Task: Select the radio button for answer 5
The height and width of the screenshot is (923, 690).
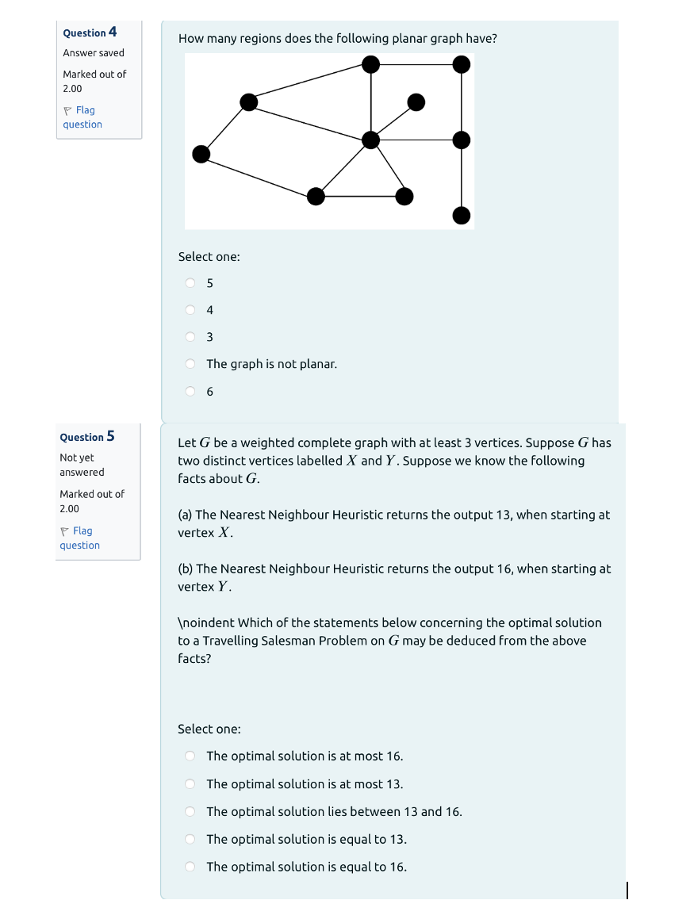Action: click(190, 283)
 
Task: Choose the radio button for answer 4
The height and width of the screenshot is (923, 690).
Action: click(190, 310)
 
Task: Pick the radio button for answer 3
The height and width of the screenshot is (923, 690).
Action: click(190, 337)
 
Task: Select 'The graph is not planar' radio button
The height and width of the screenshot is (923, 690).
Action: click(190, 364)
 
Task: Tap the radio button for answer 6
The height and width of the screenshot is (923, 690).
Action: click(190, 391)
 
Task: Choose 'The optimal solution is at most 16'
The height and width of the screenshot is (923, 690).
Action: click(190, 756)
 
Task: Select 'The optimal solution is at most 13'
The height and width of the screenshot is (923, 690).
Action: click(190, 784)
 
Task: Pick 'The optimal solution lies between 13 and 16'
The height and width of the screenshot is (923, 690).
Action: click(190, 812)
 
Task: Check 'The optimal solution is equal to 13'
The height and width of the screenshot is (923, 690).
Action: click(190, 839)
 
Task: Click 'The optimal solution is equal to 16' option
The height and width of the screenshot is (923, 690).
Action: click(190, 867)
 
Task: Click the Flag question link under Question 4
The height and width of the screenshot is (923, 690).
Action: click(82, 117)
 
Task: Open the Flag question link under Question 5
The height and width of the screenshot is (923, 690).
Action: click(79, 538)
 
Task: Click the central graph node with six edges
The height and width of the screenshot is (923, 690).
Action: click(370, 140)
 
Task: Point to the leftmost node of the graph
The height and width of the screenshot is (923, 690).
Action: click(201, 154)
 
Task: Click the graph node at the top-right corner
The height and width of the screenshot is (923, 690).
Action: click(462, 64)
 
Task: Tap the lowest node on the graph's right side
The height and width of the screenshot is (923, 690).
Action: click(462, 215)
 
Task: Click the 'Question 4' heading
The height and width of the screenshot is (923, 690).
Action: click(90, 33)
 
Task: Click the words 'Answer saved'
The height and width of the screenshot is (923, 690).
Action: click(94, 53)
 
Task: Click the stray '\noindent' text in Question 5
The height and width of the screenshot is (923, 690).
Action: click(205, 623)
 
